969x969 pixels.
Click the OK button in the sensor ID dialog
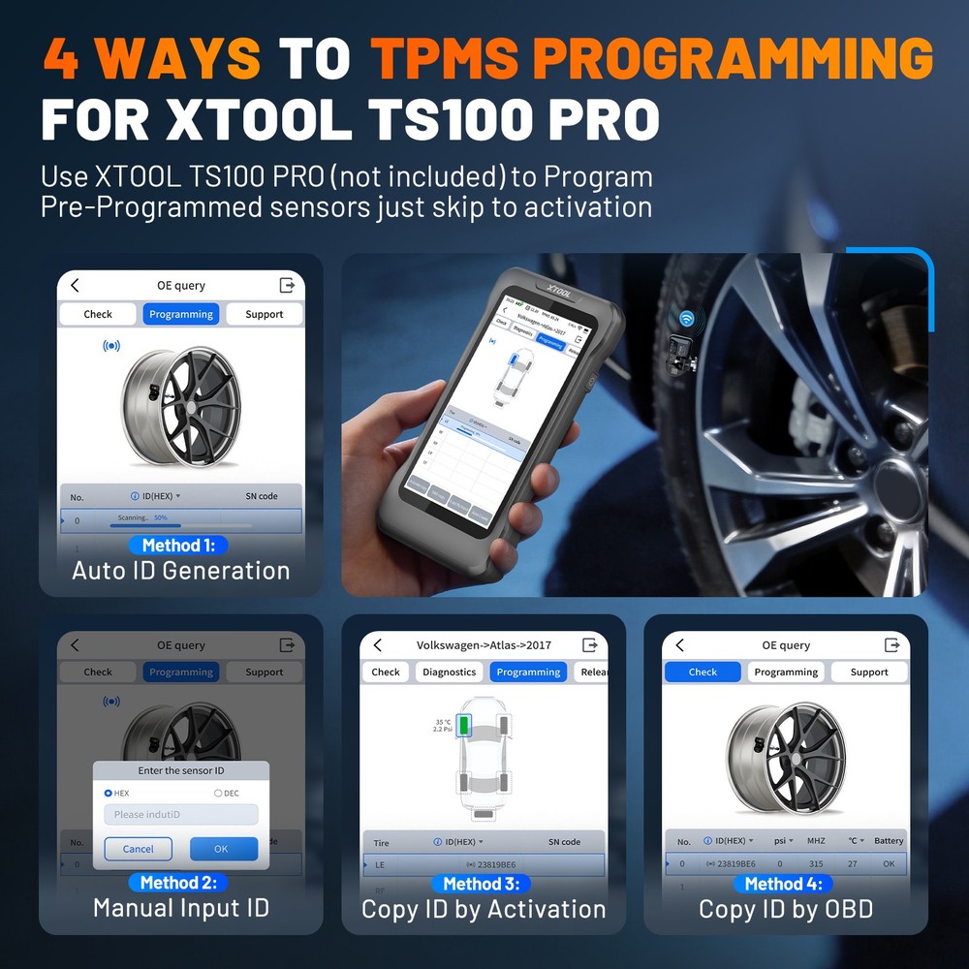coord(223,849)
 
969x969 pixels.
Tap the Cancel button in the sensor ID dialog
coord(138,849)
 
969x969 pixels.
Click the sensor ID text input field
coord(181,815)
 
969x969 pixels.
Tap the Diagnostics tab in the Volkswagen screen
coord(449,672)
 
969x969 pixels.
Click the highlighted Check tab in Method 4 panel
coord(703,672)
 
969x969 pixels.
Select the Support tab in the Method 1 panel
coord(264,314)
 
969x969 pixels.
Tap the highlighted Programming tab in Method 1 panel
coord(181,314)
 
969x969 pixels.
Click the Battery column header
coord(888,841)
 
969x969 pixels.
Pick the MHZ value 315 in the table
coord(816,863)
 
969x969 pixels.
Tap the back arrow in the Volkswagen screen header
coord(378,645)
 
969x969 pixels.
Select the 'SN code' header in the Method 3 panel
coord(564,842)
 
